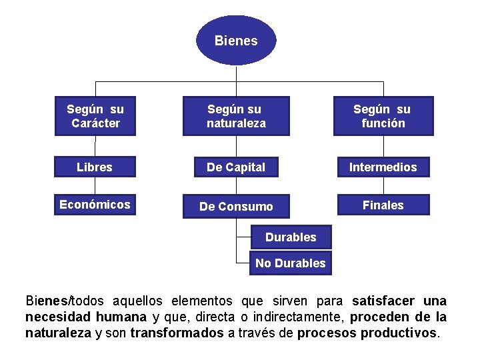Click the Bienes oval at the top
(x=236, y=41)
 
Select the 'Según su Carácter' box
(x=95, y=116)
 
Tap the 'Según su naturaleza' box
(x=236, y=116)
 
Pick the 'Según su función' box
(x=383, y=116)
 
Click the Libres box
(x=95, y=167)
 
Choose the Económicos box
(x=95, y=205)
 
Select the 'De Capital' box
(x=236, y=167)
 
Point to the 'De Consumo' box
(x=236, y=206)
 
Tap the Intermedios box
(x=383, y=167)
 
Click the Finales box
(x=383, y=205)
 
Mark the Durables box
(x=291, y=237)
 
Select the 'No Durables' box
(x=291, y=263)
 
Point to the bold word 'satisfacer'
(x=383, y=301)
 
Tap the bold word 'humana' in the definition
(x=121, y=317)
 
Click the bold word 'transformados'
(x=177, y=332)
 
